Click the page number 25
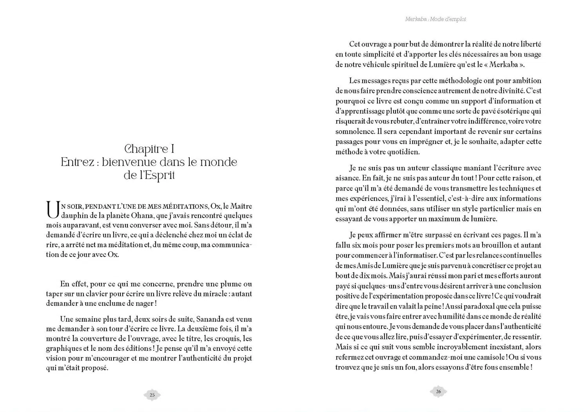[152, 395]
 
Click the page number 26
[438, 391]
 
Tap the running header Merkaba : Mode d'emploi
[436, 19]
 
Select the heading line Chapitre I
[149, 149]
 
